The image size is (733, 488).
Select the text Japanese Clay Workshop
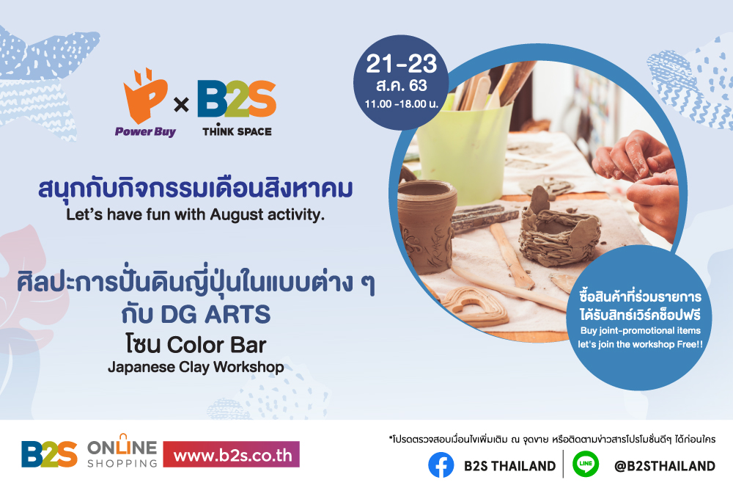click(196, 366)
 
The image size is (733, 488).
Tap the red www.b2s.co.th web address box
click(232, 455)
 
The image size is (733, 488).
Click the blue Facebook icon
click(441, 465)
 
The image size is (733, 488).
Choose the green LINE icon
click(586, 465)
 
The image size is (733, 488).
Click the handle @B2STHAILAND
click(664, 466)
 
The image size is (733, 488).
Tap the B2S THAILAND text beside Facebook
click(509, 466)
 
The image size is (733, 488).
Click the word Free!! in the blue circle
click(688, 343)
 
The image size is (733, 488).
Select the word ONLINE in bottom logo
click(122, 447)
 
